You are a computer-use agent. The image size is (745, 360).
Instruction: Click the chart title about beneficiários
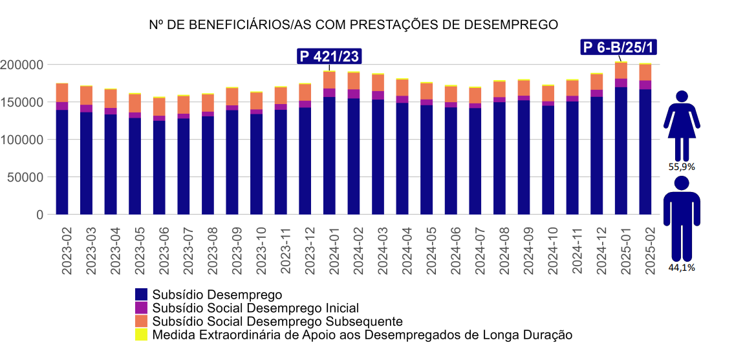353,25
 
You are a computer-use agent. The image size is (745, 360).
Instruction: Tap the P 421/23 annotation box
329,56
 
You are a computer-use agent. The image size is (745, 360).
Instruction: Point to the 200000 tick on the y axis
22,65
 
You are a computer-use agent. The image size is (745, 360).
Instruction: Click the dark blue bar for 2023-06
159,167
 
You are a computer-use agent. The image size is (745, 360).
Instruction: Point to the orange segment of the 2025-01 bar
621,70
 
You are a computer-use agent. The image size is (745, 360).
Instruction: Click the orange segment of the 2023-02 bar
62,93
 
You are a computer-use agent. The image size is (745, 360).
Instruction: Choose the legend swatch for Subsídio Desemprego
141,295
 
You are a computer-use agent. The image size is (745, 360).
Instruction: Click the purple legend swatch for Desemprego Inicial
141,308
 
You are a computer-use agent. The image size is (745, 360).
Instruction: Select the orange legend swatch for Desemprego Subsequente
141,321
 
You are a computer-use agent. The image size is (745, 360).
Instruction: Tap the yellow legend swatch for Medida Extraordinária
141,335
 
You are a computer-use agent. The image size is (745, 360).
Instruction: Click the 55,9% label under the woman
682,166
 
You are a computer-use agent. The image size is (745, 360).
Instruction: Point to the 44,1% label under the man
682,268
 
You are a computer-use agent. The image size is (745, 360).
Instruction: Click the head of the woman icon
682,97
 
